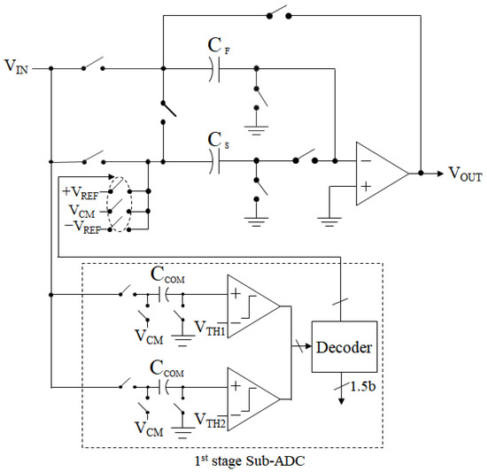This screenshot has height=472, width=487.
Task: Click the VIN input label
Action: (x=19, y=68)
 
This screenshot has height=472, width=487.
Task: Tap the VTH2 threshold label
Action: (x=210, y=419)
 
